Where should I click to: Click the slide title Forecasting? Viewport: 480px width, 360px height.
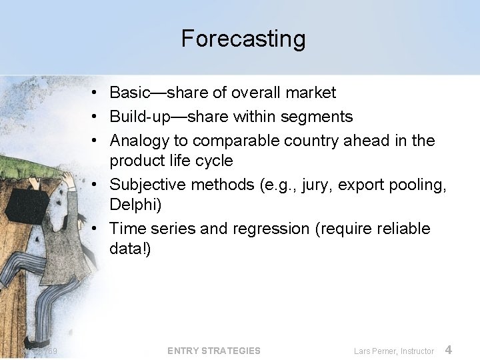(243, 39)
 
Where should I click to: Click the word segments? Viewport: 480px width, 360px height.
(319, 117)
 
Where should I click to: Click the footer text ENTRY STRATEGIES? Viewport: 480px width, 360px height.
(214, 351)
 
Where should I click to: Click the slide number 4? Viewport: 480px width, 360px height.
(449, 350)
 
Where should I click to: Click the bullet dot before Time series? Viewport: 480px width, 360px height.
(97, 229)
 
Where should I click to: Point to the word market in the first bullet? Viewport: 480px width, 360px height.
(312, 93)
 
